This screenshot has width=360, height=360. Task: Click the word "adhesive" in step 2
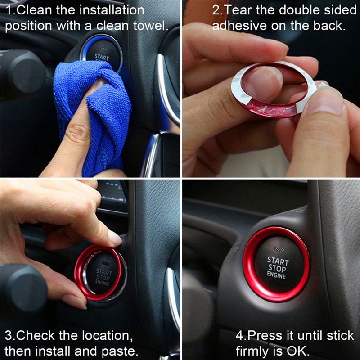239,26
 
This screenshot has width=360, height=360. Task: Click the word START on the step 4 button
278,261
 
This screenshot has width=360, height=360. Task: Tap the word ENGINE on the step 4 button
276,275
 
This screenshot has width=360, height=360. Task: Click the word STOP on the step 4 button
277,268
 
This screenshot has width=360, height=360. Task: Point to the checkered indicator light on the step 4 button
279,249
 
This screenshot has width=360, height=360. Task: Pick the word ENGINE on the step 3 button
102,283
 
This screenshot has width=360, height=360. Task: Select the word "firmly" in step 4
255,351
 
